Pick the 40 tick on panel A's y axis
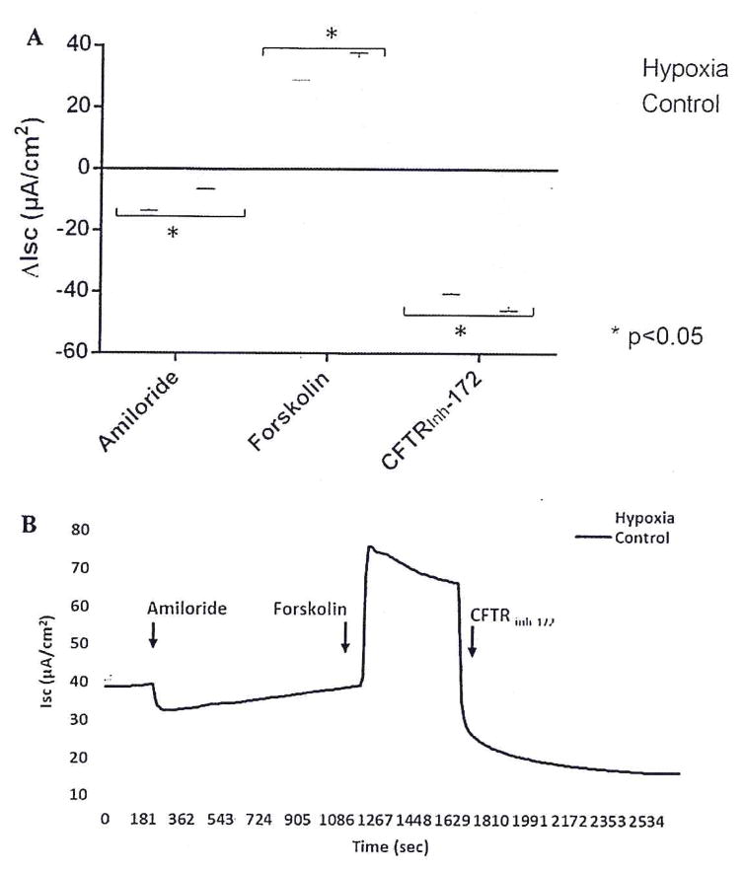pos(79,44)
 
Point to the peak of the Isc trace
pos(370,546)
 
